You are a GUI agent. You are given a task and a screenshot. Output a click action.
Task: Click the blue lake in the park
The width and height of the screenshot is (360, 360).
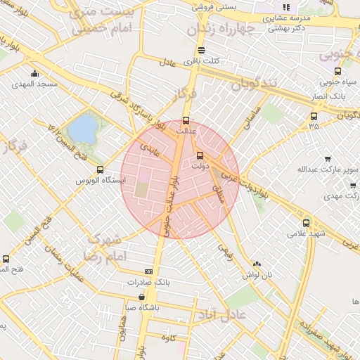pos(84,129)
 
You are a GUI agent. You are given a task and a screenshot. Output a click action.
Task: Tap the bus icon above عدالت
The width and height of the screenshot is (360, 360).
pos(186,120)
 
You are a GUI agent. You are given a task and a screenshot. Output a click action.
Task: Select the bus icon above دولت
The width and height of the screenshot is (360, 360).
pos(200,155)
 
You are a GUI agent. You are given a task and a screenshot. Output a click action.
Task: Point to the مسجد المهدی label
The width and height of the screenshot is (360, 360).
pos(34,84)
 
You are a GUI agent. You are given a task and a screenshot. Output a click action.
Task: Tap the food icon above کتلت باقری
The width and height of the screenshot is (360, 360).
pos(202,51)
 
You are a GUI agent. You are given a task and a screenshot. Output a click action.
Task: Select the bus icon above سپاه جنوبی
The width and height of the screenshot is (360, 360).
pos(337,71)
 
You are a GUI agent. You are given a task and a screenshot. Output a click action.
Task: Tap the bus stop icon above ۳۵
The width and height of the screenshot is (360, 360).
pos(314,116)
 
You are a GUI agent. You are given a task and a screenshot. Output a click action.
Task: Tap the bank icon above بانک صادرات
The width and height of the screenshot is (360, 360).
pos(148,271)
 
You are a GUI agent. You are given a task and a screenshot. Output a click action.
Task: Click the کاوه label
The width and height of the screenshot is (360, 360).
pos(167,338)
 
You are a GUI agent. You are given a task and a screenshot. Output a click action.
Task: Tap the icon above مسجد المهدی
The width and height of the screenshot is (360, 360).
pos(34,74)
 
